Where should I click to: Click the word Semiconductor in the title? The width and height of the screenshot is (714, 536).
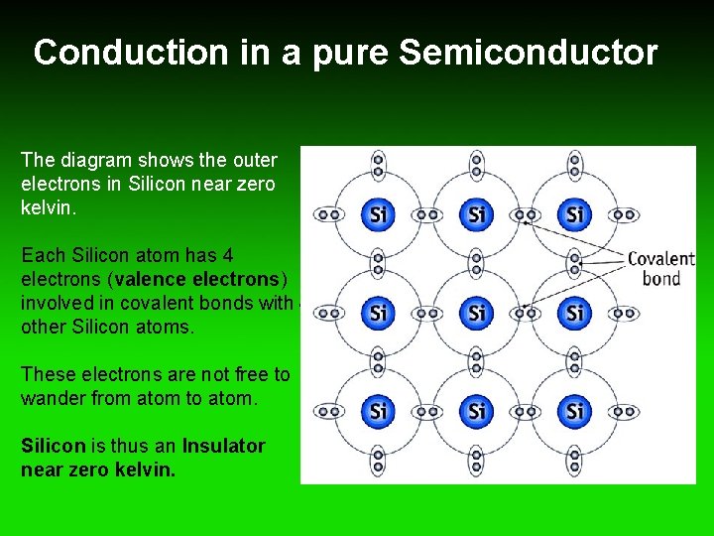(x=528, y=53)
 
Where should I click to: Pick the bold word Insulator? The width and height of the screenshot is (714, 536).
(x=223, y=447)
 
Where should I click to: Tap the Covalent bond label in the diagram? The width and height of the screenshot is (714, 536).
(x=660, y=268)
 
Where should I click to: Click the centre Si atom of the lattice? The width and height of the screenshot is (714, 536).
(x=476, y=313)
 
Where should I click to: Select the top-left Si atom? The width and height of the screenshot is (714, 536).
(x=377, y=214)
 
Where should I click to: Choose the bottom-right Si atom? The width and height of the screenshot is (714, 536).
(x=574, y=410)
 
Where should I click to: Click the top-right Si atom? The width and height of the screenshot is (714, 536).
(x=574, y=214)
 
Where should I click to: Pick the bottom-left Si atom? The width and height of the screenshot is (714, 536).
(x=377, y=410)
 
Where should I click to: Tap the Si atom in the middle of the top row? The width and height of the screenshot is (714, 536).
(x=476, y=214)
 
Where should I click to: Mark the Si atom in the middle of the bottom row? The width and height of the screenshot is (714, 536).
(x=476, y=410)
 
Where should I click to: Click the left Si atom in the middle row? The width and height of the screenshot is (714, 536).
(x=377, y=313)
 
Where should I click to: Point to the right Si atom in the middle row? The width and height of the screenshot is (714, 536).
(x=574, y=313)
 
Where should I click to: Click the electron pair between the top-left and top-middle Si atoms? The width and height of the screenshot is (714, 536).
(x=426, y=214)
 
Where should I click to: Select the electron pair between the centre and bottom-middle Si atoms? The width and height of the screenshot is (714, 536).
(x=476, y=361)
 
